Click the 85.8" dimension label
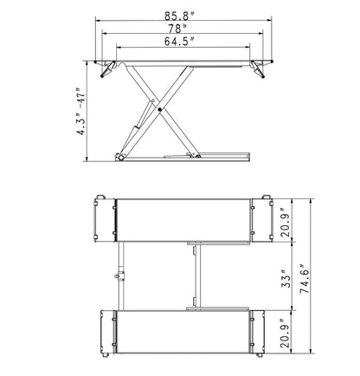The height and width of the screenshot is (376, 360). pyautogui.click(x=180, y=16)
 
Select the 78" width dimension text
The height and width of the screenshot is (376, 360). pyautogui.click(x=177, y=29)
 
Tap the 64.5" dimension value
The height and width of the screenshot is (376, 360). pyautogui.click(x=179, y=42)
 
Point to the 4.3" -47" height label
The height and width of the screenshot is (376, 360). pyautogui.click(x=81, y=112)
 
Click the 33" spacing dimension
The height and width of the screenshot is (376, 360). pyautogui.click(x=286, y=279)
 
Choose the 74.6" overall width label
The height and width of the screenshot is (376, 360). pyautogui.click(x=305, y=279)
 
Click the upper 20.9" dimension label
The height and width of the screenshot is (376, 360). pyautogui.click(x=286, y=223)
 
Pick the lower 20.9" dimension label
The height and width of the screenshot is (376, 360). pyautogui.click(x=286, y=334)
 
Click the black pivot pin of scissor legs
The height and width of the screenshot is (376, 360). pyautogui.click(x=160, y=110)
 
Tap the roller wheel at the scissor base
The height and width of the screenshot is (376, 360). pyautogui.click(x=119, y=157)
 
